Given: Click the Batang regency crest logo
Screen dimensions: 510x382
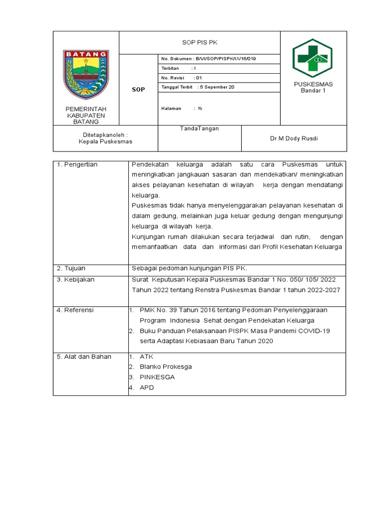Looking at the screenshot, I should pos(86,75).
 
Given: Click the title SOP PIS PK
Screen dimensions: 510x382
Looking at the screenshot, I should pos(199,43).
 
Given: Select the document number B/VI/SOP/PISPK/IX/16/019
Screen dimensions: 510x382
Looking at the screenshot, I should pos(209,59).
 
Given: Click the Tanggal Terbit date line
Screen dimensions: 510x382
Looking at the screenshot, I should pos(197,87).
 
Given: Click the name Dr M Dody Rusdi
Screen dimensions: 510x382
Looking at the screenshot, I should pos(294,138).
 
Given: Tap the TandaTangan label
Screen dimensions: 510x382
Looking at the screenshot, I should pos(199,128).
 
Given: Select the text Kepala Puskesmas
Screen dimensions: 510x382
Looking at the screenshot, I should pos(105,141).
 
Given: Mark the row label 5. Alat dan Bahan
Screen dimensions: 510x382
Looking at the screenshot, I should pos(84,357).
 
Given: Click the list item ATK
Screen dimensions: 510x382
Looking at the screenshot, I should pos(147,357).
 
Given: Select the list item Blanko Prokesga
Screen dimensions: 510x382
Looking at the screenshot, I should pos(166,367).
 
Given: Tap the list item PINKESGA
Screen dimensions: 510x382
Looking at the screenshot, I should pos(157,377).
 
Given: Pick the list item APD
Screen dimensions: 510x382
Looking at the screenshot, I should pos(147,387).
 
